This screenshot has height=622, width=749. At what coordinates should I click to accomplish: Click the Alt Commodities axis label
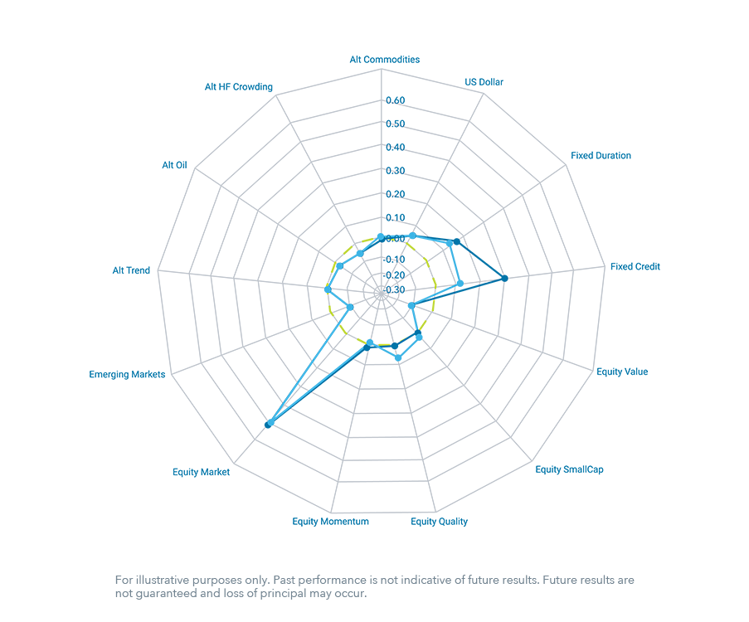pyautogui.click(x=385, y=60)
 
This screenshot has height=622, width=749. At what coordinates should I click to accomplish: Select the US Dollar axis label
pyautogui.click(x=484, y=82)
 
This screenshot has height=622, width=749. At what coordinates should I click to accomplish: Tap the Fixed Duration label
pyautogui.click(x=601, y=156)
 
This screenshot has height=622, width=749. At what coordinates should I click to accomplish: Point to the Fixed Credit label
pyautogui.click(x=635, y=267)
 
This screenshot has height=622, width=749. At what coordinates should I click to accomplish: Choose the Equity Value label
pyautogui.click(x=622, y=372)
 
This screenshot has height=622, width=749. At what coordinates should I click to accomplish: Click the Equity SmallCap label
pyautogui.click(x=569, y=469)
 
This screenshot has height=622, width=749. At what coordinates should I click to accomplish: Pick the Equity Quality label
pyautogui.click(x=439, y=522)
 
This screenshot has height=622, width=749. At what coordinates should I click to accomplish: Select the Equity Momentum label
pyautogui.click(x=331, y=522)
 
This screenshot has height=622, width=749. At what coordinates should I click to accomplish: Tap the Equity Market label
pyautogui.click(x=201, y=473)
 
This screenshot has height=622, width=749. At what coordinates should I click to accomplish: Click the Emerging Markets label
pyautogui.click(x=127, y=375)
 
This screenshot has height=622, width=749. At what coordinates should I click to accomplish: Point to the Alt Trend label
pyautogui.click(x=131, y=271)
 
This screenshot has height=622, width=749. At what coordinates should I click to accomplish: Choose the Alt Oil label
pyautogui.click(x=174, y=165)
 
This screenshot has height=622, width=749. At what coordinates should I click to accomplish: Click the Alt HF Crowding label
pyautogui.click(x=239, y=87)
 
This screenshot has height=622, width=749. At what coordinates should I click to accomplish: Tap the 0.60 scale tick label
pyautogui.click(x=396, y=100)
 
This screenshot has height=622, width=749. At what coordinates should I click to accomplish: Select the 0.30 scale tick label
pyautogui.click(x=396, y=171)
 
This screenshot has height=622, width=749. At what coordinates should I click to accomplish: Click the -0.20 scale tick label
pyautogui.click(x=394, y=275)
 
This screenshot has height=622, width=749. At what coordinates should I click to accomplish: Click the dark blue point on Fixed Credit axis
pyautogui.click(x=504, y=278)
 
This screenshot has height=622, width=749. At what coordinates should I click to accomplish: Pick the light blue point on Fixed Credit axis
pyautogui.click(x=460, y=284)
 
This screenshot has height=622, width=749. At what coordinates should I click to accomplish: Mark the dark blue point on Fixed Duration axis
pyautogui.click(x=457, y=241)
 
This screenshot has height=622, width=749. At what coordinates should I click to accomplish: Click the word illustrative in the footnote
pyautogui.click(x=163, y=580)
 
